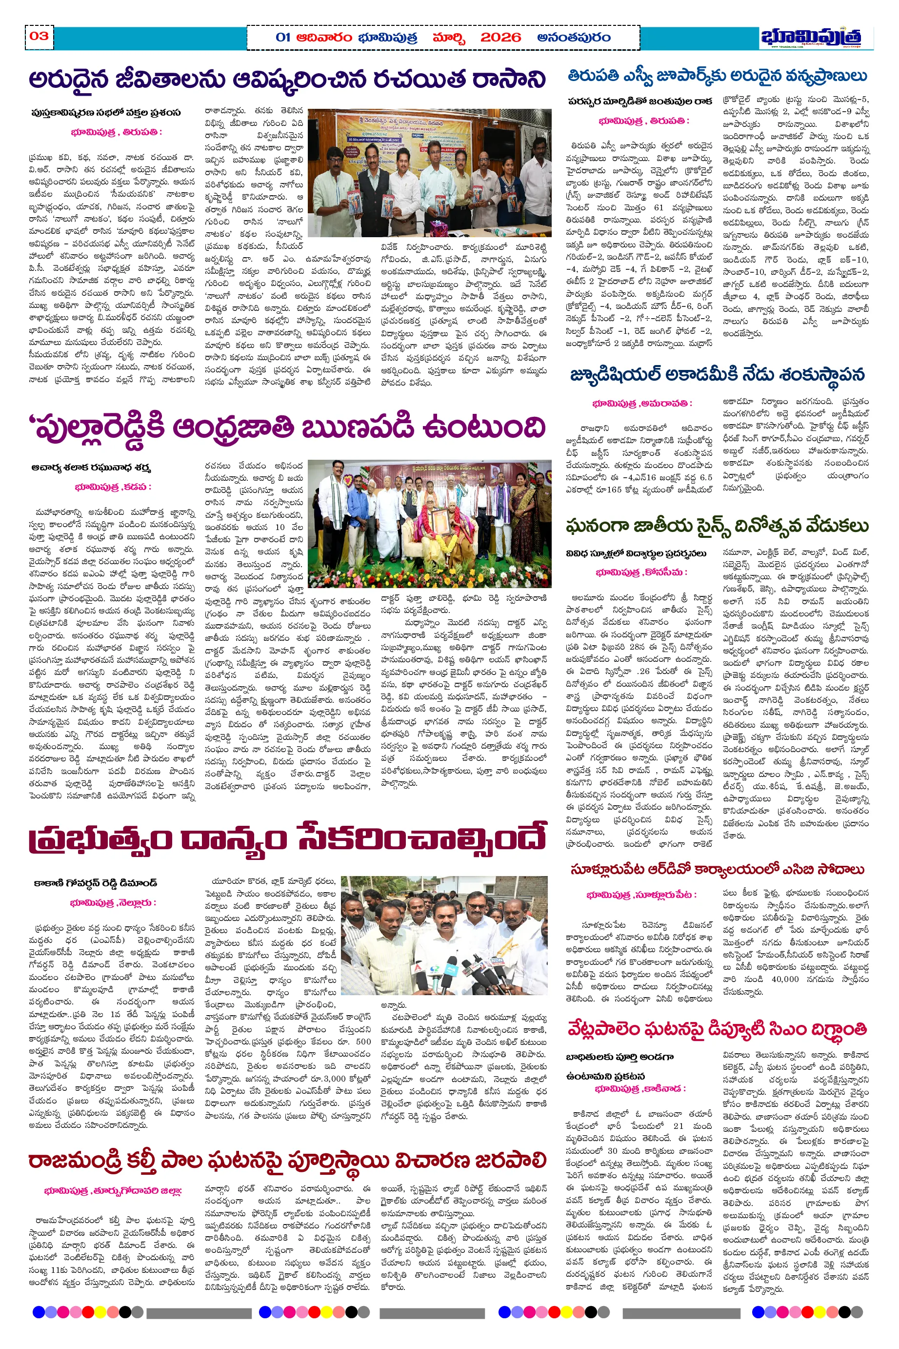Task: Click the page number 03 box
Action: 39,36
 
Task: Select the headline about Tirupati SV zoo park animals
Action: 717,76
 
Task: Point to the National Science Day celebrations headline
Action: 717,525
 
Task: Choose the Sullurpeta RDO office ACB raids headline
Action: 717,870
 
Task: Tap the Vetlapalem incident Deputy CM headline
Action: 717,1028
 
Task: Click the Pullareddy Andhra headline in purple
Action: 287,428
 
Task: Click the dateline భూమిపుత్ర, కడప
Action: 113,487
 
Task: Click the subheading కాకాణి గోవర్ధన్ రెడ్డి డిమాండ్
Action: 95,883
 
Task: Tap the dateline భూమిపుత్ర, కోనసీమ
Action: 641,572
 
